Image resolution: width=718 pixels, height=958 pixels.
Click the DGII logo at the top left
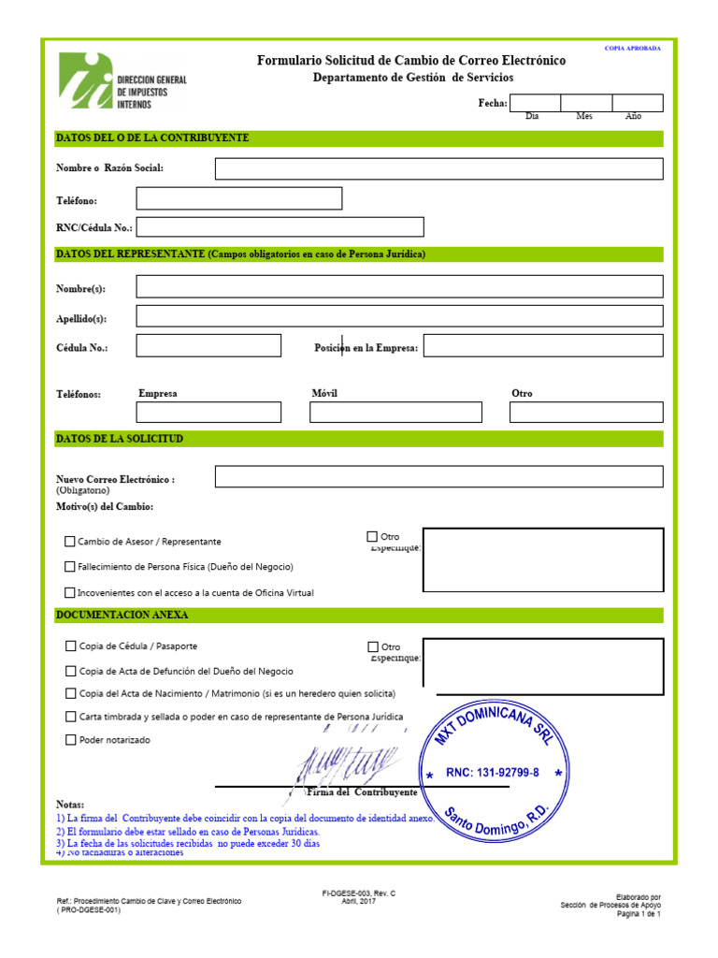(x=122, y=80)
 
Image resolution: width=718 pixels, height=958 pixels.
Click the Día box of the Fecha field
(x=535, y=103)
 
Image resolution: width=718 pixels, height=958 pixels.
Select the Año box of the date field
(x=638, y=103)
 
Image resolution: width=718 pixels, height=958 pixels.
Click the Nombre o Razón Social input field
(x=438, y=168)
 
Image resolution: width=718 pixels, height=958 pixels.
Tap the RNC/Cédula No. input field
(x=280, y=227)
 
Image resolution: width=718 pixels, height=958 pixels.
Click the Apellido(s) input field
(x=399, y=316)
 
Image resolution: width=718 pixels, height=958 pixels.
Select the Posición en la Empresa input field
(x=543, y=346)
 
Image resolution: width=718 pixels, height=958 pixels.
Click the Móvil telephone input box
(x=395, y=413)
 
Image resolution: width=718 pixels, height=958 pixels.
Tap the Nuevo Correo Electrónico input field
(x=438, y=477)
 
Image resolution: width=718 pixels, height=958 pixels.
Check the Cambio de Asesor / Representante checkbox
(x=70, y=542)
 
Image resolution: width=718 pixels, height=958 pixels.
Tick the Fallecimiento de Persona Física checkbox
(x=70, y=567)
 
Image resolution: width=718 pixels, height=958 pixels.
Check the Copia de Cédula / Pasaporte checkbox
(x=71, y=646)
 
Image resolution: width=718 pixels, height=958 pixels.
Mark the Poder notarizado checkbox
(x=71, y=740)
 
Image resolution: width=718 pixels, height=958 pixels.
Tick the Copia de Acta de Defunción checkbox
(x=71, y=671)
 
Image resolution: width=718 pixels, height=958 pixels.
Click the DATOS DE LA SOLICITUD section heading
(x=120, y=439)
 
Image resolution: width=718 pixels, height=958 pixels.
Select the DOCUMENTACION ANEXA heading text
(x=122, y=616)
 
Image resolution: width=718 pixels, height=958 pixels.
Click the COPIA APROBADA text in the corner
(x=632, y=48)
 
